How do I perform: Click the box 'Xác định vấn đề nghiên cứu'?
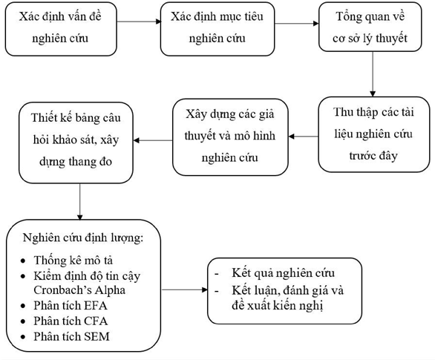pos(59,29)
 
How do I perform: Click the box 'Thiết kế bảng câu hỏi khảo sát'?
pos(79,143)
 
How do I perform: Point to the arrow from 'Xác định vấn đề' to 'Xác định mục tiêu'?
pos(139,22)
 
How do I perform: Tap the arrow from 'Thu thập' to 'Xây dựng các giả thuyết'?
pos(304,136)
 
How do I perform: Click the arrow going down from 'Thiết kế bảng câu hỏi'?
pos(79,200)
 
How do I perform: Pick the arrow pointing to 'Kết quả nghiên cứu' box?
pos(184,289)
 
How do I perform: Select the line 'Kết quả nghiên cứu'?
pos(283,273)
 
